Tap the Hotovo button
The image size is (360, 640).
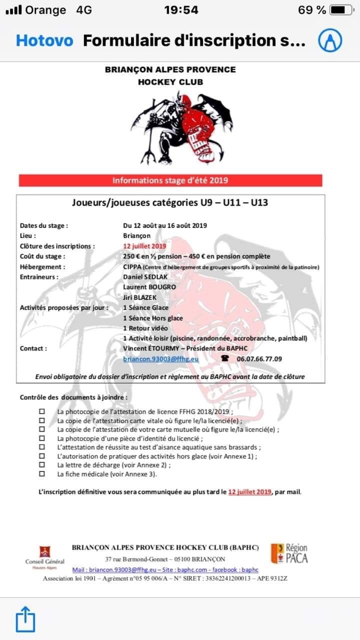click(44, 40)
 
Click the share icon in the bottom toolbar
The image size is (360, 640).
click(25, 620)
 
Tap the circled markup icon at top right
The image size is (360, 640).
click(331, 40)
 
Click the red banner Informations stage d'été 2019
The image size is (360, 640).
click(170, 180)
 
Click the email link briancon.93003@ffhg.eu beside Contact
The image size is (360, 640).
click(161, 358)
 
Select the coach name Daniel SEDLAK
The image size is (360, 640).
click(145, 276)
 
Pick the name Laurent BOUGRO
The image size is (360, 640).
click(149, 287)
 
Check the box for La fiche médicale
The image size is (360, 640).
click(42, 473)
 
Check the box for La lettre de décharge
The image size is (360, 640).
click(42, 464)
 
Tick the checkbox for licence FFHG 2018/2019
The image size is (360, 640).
click(42, 411)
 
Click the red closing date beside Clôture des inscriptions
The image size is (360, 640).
click(144, 246)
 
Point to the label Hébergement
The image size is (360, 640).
click(42, 266)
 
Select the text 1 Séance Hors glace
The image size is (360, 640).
click(153, 318)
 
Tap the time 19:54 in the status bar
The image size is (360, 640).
click(181, 10)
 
